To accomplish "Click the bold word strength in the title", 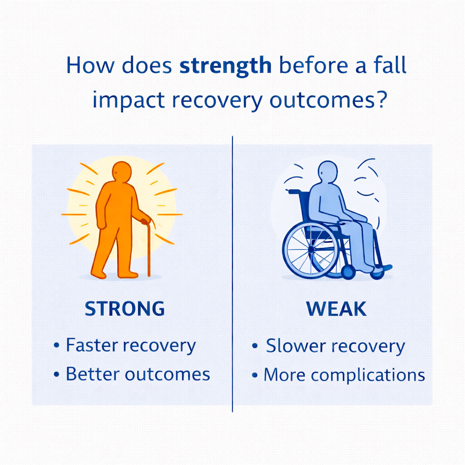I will tap(225, 65).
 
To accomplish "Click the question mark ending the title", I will tap(381, 100).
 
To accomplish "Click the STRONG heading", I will tap(125, 309).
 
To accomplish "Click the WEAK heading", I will tap(336, 309).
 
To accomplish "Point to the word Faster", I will tap(93, 346).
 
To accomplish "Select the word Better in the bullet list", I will tap(93, 374).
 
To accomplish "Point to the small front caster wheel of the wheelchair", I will tap(348, 272).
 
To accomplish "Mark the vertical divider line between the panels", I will tap(232, 272).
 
